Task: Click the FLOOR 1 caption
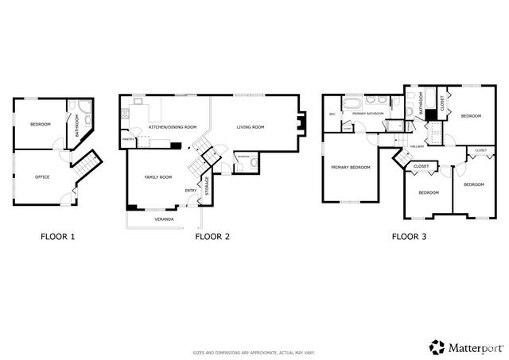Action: click(57, 236)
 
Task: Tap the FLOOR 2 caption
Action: click(212, 236)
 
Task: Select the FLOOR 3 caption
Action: click(410, 236)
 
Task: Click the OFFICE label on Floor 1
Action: click(42, 176)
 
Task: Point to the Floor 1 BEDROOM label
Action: click(41, 125)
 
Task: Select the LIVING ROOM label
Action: click(251, 127)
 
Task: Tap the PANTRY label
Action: click(127, 140)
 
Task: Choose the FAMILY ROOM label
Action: click(157, 177)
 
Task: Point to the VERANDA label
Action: click(165, 219)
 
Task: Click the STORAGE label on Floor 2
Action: click(208, 190)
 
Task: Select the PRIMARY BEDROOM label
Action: click(351, 168)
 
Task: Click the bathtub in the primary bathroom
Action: click(353, 104)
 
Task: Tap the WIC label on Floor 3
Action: click(332, 114)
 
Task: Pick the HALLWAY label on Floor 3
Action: click(416, 146)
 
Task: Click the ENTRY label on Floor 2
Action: click(191, 191)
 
